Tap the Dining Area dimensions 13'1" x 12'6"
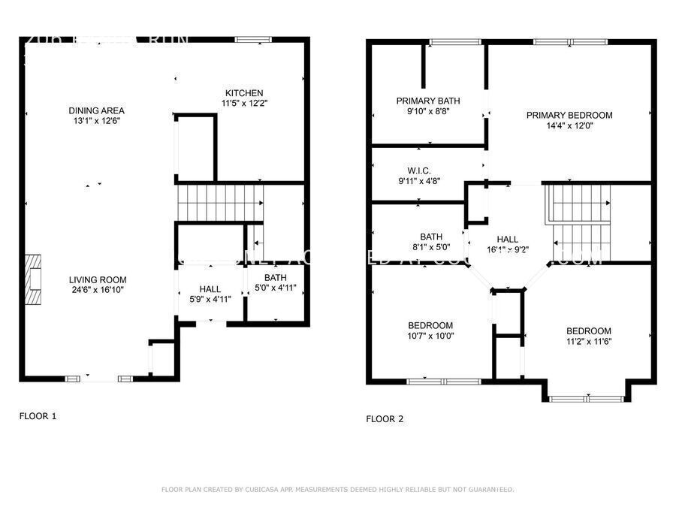97,120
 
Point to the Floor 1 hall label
210,289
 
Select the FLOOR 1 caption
38,415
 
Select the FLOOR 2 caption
385,419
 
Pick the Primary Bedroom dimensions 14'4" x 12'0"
569,126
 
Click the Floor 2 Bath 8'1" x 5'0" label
431,241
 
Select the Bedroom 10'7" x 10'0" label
430,330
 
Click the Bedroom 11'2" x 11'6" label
588,336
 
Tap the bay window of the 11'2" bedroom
587,398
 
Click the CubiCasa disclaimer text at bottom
337,490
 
